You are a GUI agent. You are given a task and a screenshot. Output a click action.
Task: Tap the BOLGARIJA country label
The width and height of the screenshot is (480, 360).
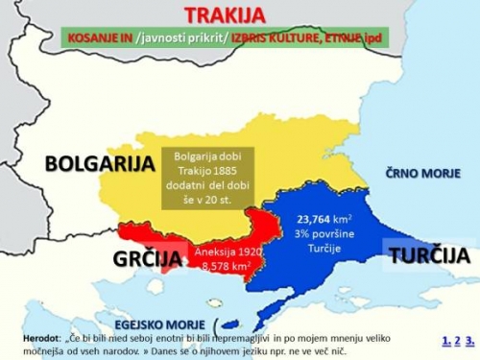(99, 164)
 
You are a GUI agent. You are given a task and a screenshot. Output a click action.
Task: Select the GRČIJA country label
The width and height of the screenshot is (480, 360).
(147, 258)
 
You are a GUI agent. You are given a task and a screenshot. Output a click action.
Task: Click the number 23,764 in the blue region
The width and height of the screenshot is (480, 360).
(317, 219)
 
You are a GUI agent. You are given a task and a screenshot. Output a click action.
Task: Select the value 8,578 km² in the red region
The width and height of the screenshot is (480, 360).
(222, 264)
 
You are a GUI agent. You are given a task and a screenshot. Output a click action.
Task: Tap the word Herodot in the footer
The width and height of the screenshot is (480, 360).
(41, 339)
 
